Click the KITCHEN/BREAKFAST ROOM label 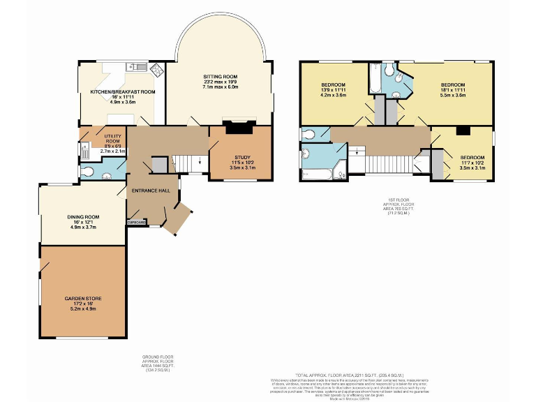pos(117,91)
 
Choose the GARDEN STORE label pos(83,299)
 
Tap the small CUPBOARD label pos(137,222)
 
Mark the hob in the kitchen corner pos(157,69)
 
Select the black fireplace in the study pos(239,128)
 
